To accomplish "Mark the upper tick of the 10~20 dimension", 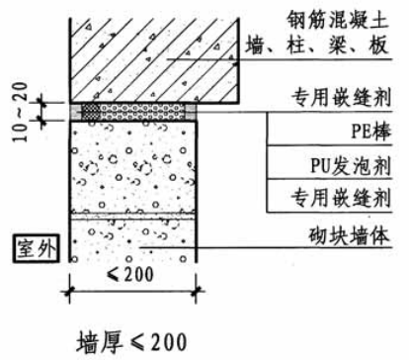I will [42, 100].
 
